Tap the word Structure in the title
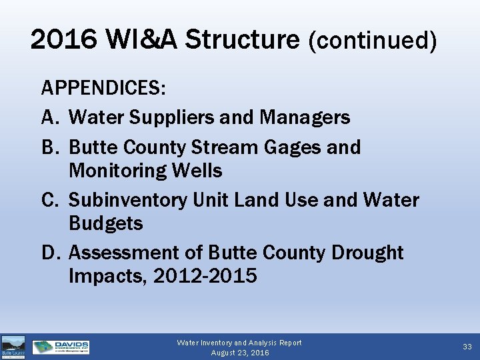point(242,40)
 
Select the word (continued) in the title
point(373,41)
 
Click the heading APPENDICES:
point(104,89)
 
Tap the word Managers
point(305,118)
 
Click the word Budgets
point(105,223)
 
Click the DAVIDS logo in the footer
point(61,347)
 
